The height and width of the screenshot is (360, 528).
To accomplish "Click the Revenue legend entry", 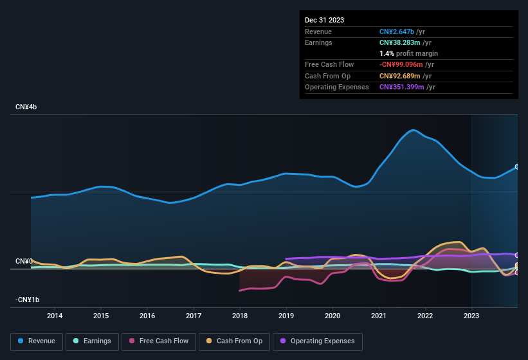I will pyautogui.click(x=37, y=341).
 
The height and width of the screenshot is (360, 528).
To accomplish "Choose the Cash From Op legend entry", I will pyautogui.click(x=235, y=341).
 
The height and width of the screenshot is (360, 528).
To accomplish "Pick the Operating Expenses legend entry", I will pyautogui.click(x=318, y=341).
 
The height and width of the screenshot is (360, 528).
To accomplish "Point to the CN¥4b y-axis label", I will pyautogui.click(x=26, y=107).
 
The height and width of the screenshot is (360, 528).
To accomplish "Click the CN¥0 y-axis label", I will pyautogui.click(x=24, y=261).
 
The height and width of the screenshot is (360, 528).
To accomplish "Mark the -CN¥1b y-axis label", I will pyautogui.click(x=27, y=300).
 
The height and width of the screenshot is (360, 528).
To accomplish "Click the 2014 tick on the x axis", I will pyautogui.click(x=55, y=316).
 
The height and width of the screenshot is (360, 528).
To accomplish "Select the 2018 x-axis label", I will pyautogui.click(x=240, y=316).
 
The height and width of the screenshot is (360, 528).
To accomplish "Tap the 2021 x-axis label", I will pyautogui.click(x=379, y=316).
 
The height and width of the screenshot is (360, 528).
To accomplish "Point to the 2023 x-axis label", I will pyautogui.click(x=471, y=316).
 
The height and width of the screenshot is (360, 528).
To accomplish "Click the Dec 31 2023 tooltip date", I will pyautogui.click(x=324, y=20).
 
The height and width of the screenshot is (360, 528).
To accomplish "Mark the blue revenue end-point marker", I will pyautogui.click(x=517, y=166).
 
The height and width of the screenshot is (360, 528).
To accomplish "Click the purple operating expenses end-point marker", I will pyautogui.click(x=517, y=255).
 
